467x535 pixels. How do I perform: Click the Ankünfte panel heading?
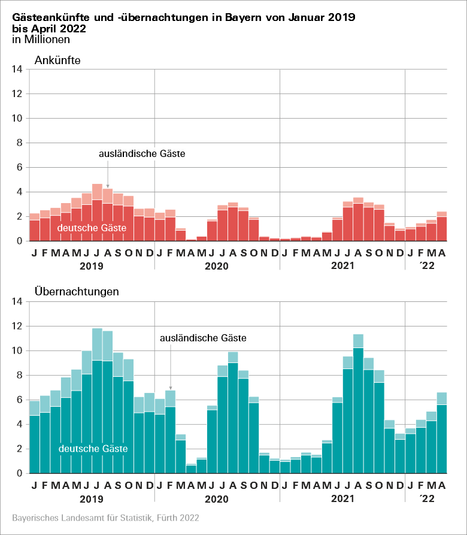(x=57, y=60)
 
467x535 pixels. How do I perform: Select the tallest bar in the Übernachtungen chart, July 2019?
(x=97, y=401)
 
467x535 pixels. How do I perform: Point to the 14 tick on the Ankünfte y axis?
(x=17, y=69)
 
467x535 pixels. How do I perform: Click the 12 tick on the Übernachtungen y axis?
(x=17, y=327)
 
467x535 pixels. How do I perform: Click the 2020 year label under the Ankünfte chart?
(x=216, y=266)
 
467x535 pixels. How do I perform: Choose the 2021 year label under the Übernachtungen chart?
(x=342, y=498)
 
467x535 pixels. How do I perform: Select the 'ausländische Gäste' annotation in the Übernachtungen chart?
(x=203, y=338)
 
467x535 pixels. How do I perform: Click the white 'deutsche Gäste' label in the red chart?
(x=92, y=228)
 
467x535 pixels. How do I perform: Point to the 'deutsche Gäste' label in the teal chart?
(x=93, y=448)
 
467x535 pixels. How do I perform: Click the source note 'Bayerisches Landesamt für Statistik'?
(x=105, y=516)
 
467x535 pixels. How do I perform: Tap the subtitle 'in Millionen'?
(x=41, y=40)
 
